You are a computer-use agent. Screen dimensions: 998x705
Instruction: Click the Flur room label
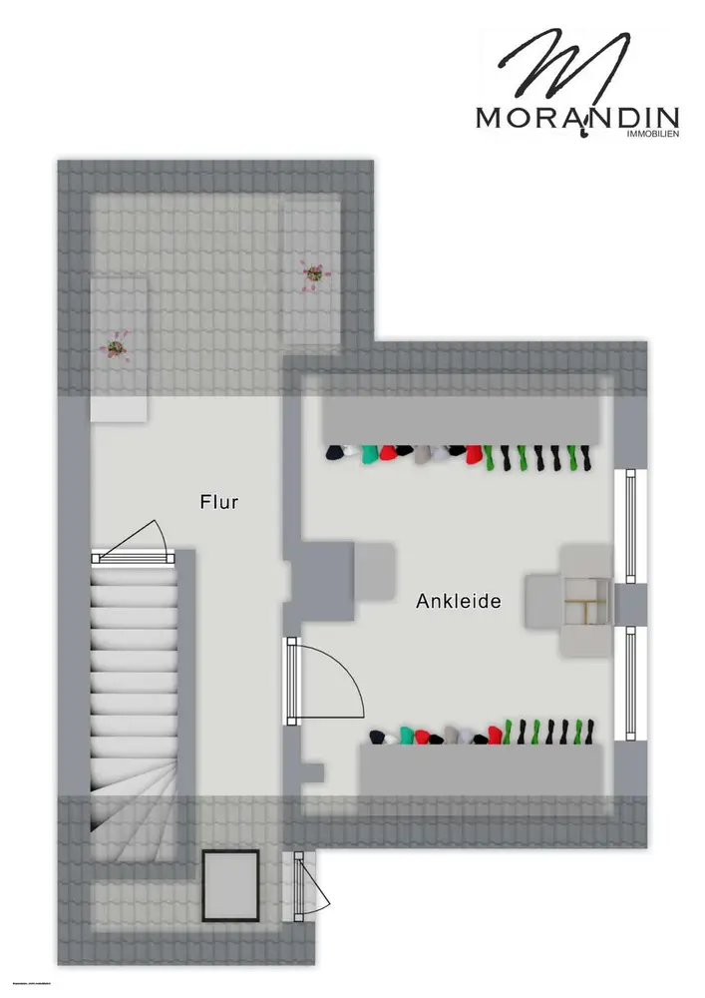click(x=218, y=502)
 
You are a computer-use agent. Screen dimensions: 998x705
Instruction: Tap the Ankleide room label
click(x=458, y=602)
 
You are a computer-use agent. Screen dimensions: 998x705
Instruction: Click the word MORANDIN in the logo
click(x=577, y=117)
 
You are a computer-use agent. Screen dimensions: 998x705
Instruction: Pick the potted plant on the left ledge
click(x=116, y=348)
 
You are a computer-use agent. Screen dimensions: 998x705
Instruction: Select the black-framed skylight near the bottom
click(x=231, y=885)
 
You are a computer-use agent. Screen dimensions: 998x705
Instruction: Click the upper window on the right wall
click(x=630, y=525)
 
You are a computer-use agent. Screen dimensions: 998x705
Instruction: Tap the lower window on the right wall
click(x=630, y=683)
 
